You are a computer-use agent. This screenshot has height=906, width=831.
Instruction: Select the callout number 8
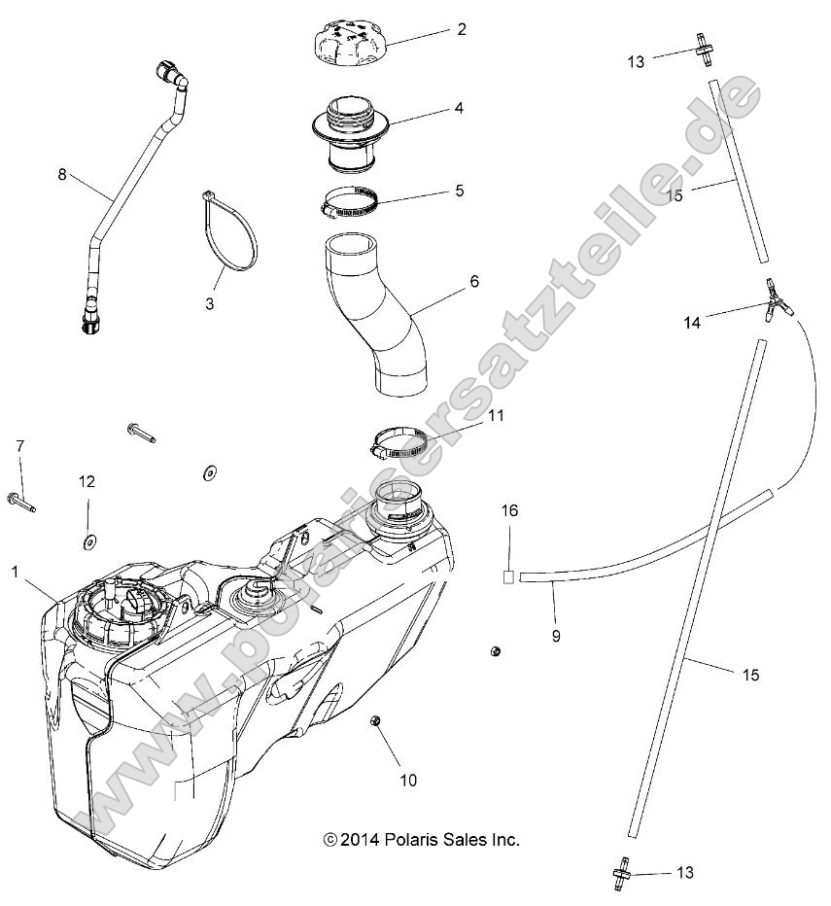coord(62,175)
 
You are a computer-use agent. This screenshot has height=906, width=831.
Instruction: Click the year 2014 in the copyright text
coord(361,840)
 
